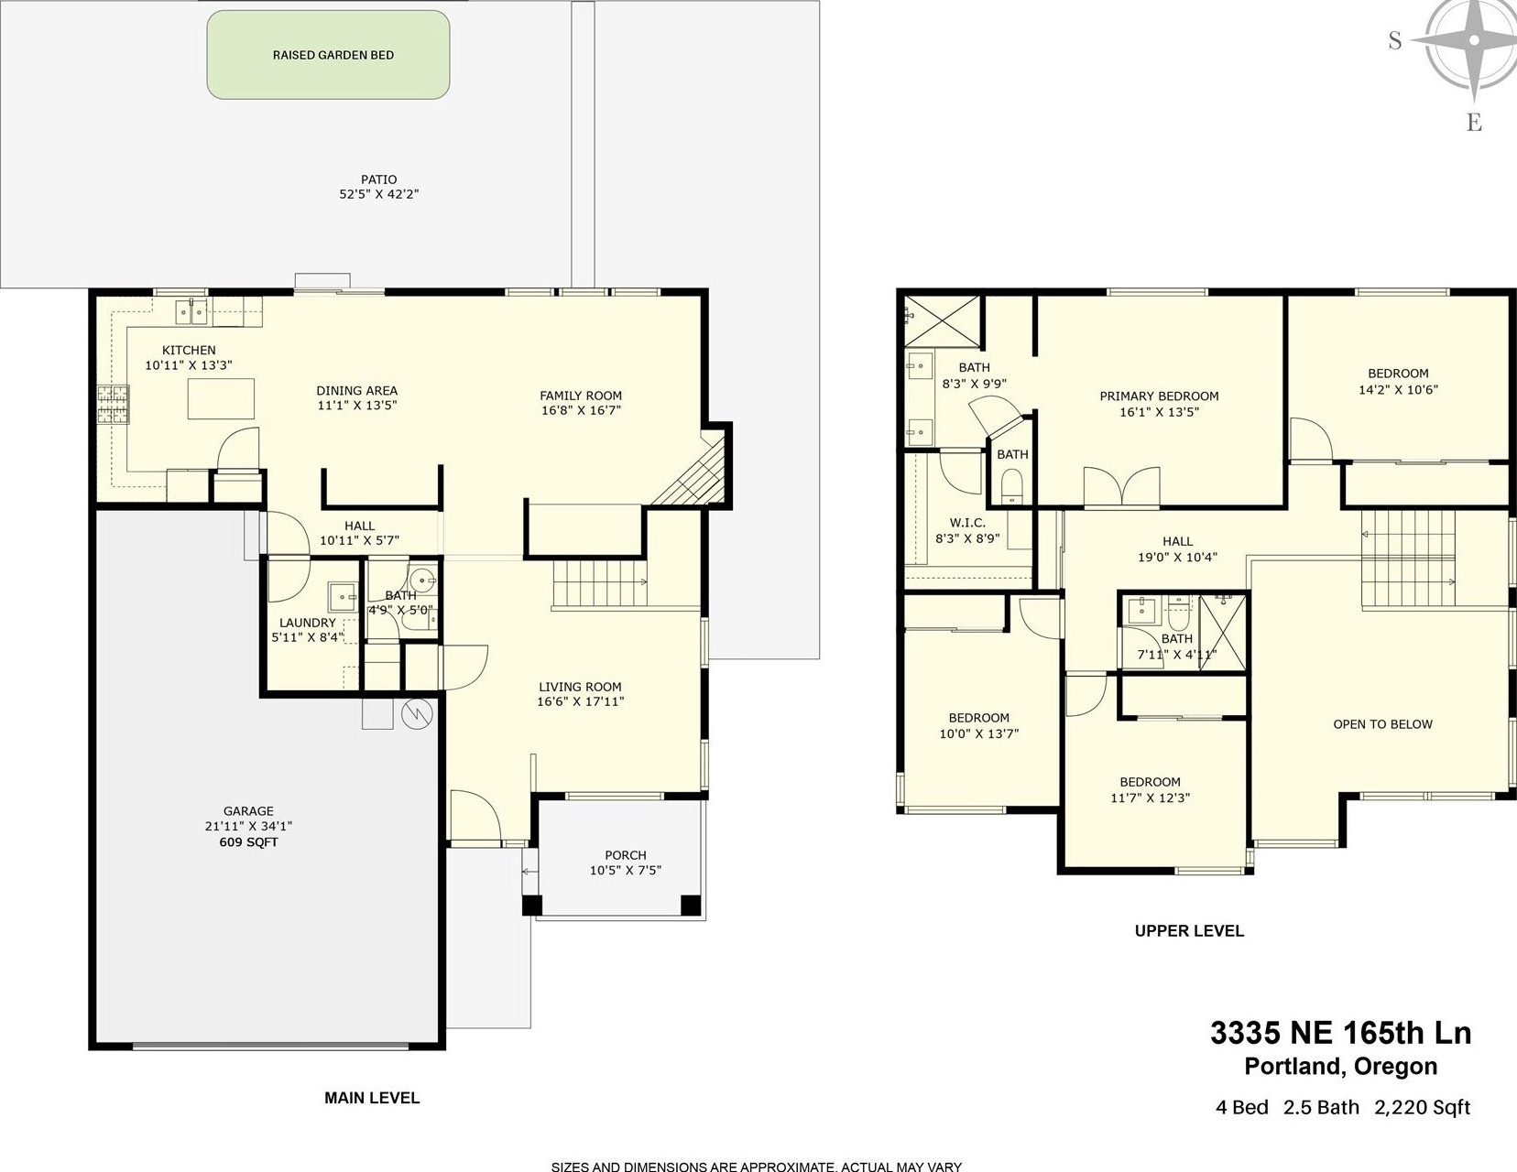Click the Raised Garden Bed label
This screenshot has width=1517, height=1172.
point(333,55)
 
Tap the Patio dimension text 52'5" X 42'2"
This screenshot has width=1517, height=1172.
point(379,195)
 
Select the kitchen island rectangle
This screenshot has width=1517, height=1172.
point(221,398)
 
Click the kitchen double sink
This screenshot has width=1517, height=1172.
point(191,311)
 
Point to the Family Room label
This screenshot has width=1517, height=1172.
point(581,396)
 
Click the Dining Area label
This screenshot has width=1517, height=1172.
point(356,391)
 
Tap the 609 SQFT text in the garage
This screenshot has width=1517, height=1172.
point(248,842)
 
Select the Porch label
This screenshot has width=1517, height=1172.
point(626,855)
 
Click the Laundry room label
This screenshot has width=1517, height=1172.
point(308,623)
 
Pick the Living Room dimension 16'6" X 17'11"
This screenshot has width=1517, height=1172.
point(580,701)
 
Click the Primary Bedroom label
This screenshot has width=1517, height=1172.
point(1160,396)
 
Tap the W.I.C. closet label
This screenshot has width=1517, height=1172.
point(967,523)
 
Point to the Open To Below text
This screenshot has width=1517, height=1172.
point(1383,724)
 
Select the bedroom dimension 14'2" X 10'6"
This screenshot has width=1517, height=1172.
point(1398,390)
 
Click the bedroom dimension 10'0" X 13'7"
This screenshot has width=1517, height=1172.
point(978,734)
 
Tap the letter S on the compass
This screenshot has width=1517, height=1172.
point(1395,40)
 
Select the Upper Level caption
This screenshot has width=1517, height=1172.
point(1190,930)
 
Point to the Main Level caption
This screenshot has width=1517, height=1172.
point(372,1098)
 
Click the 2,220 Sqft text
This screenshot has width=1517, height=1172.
point(1422,1108)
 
